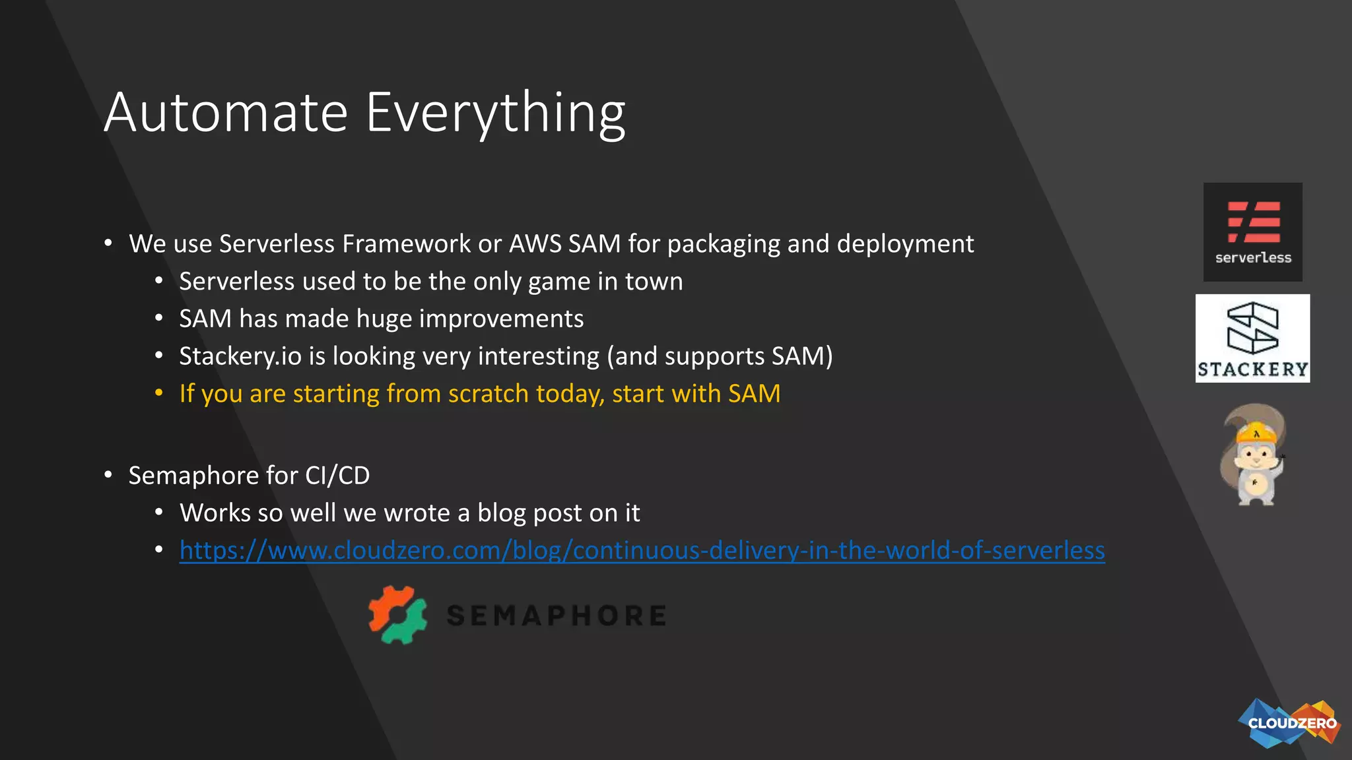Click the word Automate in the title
coord(226,113)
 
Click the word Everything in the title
coord(495,113)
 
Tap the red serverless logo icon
coord(1253,222)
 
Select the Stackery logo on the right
coord(1252,338)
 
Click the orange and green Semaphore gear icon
coord(397,615)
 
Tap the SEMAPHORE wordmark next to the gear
coord(556,616)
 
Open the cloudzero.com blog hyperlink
coord(642,550)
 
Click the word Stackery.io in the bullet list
coord(240,356)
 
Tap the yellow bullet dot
coord(158,393)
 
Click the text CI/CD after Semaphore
coord(337,476)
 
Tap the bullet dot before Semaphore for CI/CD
coord(108,475)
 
